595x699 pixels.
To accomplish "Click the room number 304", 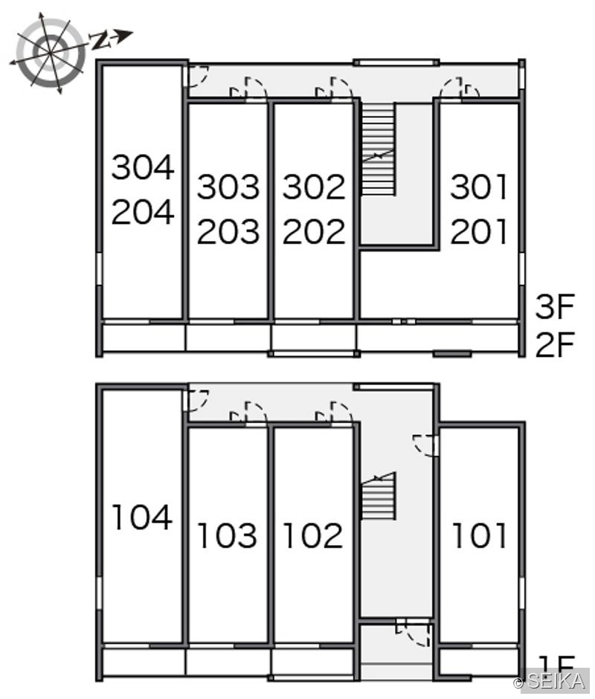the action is [143, 167].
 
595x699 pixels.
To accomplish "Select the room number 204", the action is [143, 212].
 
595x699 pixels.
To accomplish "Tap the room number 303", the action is [228, 187].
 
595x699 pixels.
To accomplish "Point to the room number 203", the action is [228, 231].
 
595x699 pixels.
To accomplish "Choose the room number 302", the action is [314, 187].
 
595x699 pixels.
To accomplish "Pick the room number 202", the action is [314, 231].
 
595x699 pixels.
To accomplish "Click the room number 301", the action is [479, 187].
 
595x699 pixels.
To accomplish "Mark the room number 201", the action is [479, 231].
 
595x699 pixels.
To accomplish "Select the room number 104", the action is [142, 517].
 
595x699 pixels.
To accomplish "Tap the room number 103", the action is [228, 535].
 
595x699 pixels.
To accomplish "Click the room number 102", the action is [313, 535].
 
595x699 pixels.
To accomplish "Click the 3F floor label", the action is [555, 306].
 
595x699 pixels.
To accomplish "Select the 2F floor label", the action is [555, 344].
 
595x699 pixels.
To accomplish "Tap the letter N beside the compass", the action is [101, 41].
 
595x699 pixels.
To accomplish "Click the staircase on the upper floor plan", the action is [377, 149].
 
